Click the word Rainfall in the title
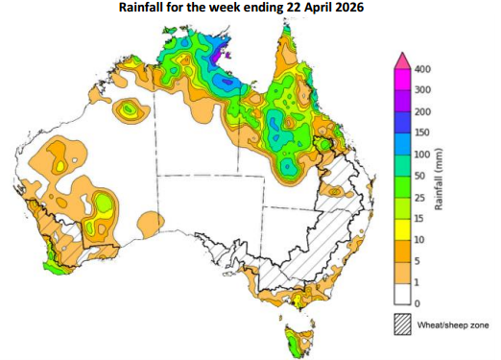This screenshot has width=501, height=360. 147,8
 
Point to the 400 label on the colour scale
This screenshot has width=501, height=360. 422,70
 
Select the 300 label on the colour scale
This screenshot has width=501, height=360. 422,91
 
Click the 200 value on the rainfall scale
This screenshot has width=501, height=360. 422,112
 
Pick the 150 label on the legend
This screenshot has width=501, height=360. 422,133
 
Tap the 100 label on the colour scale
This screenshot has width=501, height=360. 422,155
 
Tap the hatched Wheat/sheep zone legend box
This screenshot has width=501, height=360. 402,323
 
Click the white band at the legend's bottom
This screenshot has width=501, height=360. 402,292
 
